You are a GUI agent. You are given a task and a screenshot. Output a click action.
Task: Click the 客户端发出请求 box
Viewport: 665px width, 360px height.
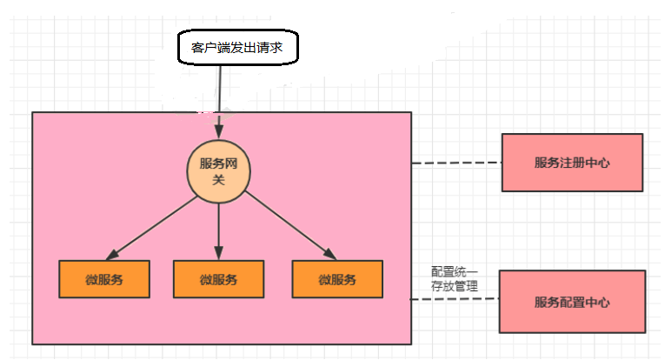tap(237, 47)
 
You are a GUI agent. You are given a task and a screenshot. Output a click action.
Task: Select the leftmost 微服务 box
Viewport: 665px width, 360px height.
tap(103, 279)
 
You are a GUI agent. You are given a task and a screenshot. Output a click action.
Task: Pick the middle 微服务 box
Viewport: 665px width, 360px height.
tap(218, 279)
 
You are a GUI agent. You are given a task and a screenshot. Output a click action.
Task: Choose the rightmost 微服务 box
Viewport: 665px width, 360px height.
tap(337, 279)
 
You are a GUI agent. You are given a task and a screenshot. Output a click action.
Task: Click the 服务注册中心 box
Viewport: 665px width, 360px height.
tap(572, 163)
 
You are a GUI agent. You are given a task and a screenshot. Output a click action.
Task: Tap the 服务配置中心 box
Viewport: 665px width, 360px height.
tap(572, 302)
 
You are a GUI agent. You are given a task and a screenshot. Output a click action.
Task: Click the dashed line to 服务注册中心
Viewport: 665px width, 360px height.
tap(456, 163)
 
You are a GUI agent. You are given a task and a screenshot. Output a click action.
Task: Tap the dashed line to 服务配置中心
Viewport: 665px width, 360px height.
tap(454, 300)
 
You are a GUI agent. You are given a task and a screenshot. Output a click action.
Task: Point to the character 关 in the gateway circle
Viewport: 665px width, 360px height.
tap(218, 178)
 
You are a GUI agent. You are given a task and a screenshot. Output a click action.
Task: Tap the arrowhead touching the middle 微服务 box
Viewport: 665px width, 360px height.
tap(218, 254)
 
